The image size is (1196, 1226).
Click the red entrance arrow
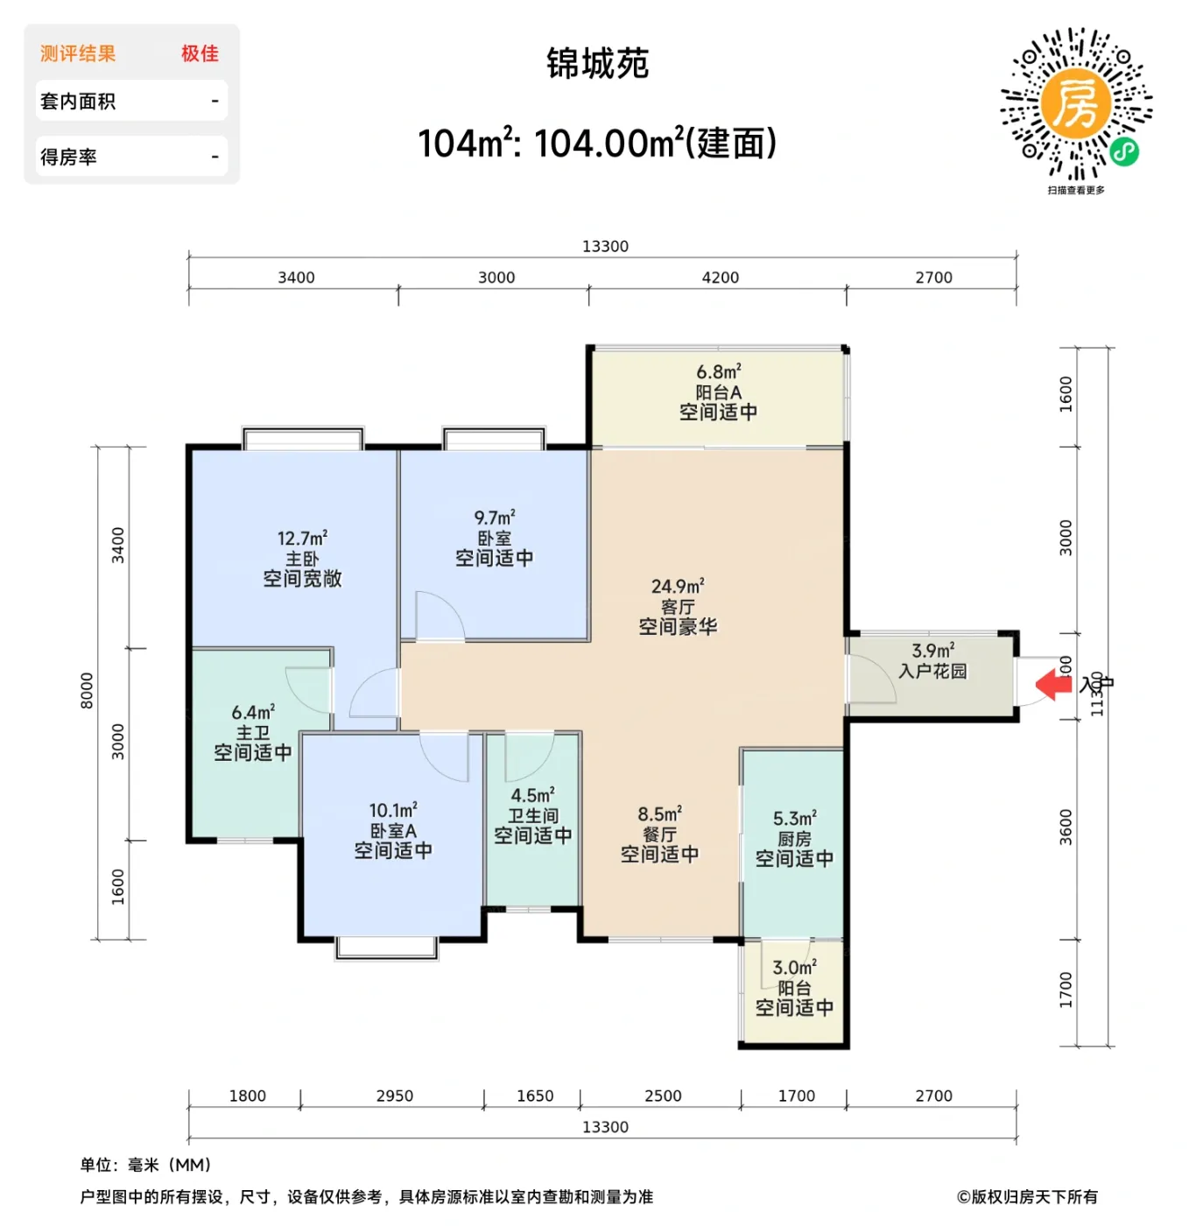pos(1054,685)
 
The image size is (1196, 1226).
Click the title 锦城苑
pos(597,64)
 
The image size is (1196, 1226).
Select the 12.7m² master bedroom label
pos(302,559)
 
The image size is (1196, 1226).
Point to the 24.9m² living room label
pos(678,606)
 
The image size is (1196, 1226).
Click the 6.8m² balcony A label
pos(719,392)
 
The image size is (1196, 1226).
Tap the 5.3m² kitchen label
pos(794,839)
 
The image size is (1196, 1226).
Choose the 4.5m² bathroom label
pos(532,815)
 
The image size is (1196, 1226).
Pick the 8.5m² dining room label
pos(659,835)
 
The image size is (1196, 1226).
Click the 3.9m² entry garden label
pos(932,661)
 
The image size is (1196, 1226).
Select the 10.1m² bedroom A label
pos(393,830)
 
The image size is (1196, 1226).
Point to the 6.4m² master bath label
pos(253,732)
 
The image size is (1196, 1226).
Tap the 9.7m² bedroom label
pos(495,538)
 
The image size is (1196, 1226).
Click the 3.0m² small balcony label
pos(794,988)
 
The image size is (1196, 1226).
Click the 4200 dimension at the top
pos(721,278)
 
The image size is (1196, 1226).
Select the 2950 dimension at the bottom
pos(394,1096)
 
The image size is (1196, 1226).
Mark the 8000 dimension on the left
pos(87,690)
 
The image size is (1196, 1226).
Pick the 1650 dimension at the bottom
pos(535,1096)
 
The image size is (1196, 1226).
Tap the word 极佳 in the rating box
pos(200,53)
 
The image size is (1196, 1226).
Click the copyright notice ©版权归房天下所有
pos(1027,1196)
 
